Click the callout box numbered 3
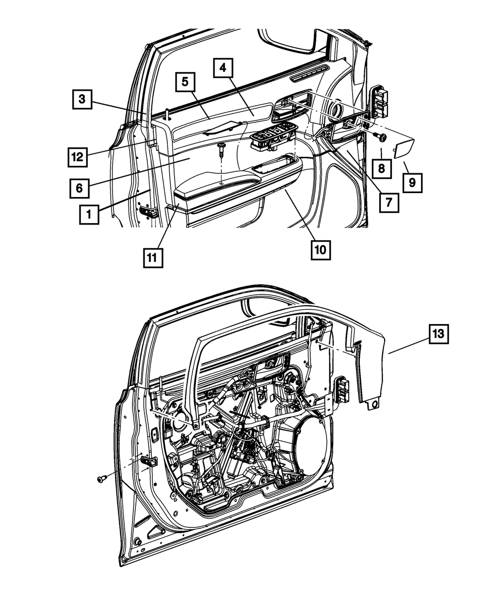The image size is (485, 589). coord(82,99)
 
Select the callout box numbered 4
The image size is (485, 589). coord(223,68)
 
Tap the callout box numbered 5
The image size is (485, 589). coord(185,82)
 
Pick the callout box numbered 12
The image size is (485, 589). coord(77,157)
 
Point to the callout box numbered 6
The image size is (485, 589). coord(79,187)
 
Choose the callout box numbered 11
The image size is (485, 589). coord(153,257)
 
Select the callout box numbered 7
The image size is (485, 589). coord(388,203)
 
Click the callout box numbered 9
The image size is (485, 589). coord(412,183)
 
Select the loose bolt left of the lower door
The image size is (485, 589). coord(101,479)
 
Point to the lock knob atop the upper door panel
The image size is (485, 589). coord(167,115)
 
